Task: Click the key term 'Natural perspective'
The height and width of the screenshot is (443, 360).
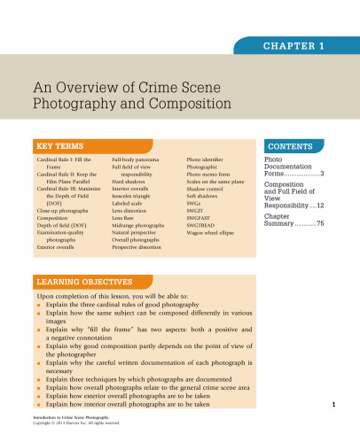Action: click(x=139, y=232)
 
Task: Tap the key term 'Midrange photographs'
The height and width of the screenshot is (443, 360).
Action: click(x=142, y=225)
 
